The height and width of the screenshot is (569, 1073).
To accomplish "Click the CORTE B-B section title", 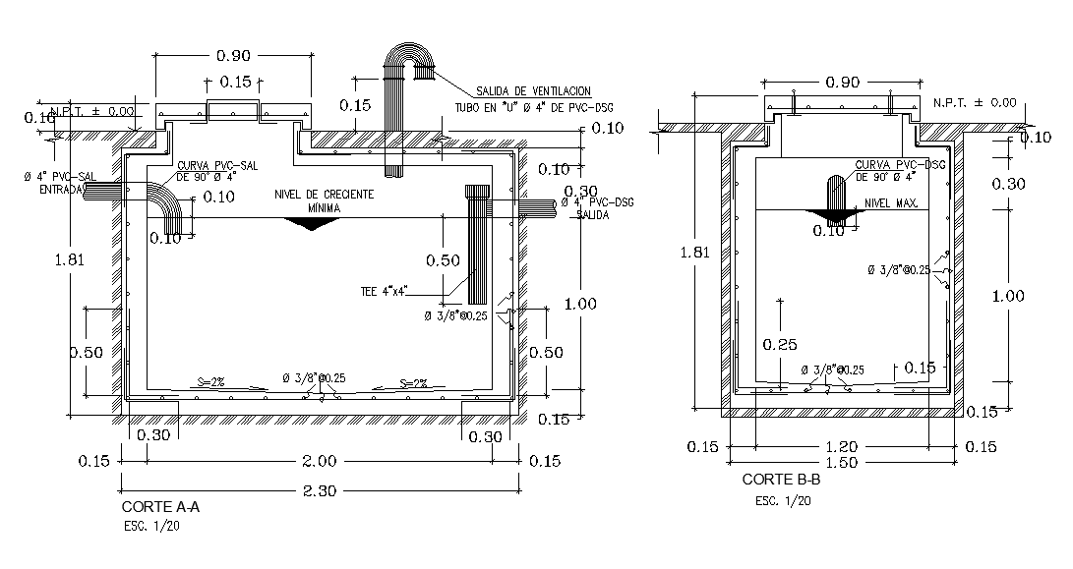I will [x=781, y=481].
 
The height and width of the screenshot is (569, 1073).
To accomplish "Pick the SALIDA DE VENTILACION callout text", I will [x=532, y=90].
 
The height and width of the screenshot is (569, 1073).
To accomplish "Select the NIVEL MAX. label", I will [x=891, y=203].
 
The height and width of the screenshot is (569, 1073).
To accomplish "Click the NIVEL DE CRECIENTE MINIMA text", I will [x=324, y=201].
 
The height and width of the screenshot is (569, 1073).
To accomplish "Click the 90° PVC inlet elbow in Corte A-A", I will [x=165, y=204].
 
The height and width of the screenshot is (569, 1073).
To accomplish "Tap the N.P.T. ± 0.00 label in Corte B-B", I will [x=974, y=102].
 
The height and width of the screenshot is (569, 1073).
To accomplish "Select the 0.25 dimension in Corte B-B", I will [x=779, y=344].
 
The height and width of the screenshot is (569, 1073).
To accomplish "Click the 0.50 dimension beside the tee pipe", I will [x=443, y=260].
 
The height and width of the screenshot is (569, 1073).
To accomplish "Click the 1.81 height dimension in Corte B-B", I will [x=694, y=252].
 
